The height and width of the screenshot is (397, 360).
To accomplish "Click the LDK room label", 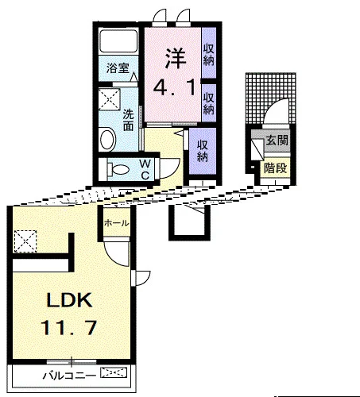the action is point(70,299).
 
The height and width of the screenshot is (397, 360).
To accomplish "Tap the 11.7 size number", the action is point(68,328).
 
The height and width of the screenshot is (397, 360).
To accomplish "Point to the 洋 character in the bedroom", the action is point(176,57).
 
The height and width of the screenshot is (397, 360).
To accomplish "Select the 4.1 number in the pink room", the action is point(175,87).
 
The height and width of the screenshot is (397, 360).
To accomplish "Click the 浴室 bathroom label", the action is point(118,68).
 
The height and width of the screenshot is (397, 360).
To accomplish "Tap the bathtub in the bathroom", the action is point(118,40).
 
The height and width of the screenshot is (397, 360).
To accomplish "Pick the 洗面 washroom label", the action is point(128,121).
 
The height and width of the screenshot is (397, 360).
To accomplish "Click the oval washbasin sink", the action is point(107,139).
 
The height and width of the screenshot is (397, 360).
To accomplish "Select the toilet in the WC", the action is point(118,169).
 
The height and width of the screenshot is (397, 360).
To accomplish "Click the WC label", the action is point(145,169).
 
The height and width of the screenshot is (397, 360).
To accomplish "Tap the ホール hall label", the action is point(117,223).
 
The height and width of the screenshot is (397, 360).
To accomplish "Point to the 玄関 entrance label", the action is point(277,140).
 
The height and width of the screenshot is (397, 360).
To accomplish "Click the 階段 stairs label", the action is point(276,168).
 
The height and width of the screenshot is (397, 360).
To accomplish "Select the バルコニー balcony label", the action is point(69,376).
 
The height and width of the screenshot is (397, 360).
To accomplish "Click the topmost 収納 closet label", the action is point(209,55).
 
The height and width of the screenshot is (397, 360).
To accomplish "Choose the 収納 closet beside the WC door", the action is point(203,151).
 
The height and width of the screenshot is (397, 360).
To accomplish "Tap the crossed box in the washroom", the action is point(110,99).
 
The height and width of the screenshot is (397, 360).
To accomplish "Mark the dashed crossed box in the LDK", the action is point(25,241).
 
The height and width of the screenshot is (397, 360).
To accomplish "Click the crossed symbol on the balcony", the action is point(114,373).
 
